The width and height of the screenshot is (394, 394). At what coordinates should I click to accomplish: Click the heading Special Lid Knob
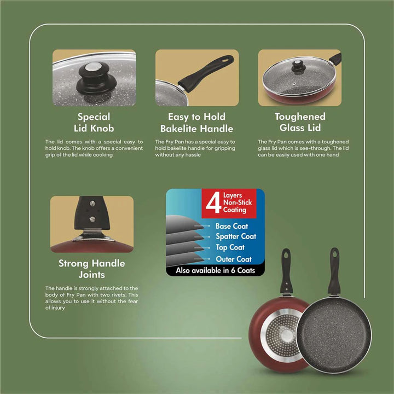94,123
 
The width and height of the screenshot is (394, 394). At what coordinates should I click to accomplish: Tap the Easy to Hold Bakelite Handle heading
197,123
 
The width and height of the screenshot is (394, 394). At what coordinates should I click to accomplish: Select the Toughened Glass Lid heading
300,122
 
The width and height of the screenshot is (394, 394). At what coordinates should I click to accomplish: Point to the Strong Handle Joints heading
92,269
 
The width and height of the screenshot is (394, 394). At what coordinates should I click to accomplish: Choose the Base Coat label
231,226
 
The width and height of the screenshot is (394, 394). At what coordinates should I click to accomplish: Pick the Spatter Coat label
236,236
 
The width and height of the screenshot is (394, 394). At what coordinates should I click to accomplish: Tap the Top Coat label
230,247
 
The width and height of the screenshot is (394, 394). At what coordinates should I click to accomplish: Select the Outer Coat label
234,259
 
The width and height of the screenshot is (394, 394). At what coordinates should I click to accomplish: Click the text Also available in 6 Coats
216,270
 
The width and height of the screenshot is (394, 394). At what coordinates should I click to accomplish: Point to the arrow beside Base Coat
202,226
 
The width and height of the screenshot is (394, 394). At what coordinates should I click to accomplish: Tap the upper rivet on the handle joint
92,204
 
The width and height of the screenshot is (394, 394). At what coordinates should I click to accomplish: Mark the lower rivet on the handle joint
92,219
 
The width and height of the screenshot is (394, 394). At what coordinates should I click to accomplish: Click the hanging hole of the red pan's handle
286,255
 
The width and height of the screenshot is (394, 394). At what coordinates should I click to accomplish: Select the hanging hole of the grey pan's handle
334,254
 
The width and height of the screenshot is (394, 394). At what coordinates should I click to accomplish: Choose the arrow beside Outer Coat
202,259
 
